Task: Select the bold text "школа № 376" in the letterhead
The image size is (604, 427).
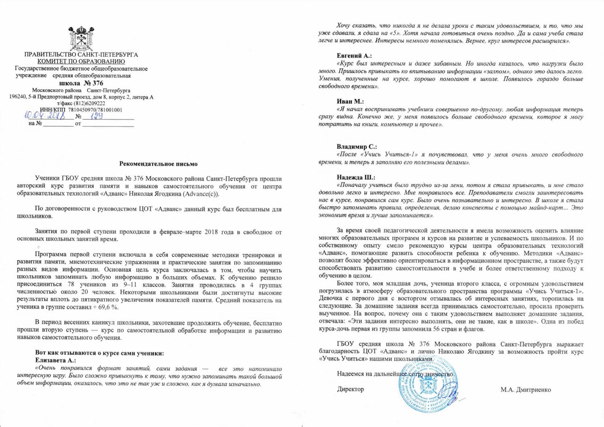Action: (x=81, y=83)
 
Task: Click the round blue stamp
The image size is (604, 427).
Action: (x=428, y=382)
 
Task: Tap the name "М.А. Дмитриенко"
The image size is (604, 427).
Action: (x=526, y=389)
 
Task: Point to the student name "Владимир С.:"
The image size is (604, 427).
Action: (x=357, y=147)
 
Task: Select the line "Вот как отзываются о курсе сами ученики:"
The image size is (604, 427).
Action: (x=100, y=353)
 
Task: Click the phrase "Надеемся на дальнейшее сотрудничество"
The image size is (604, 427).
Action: (x=396, y=374)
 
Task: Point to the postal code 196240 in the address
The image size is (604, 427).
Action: (x=18, y=97)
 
